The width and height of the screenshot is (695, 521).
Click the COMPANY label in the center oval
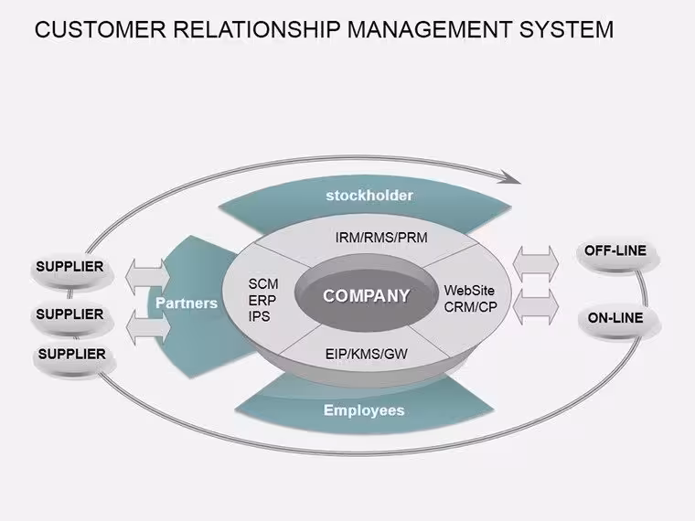tap(366, 295)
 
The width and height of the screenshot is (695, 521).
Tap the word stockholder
tap(369, 196)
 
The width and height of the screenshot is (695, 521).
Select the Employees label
tap(364, 410)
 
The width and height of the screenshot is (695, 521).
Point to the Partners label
tap(187, 303)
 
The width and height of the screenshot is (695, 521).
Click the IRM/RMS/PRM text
tap(381, 238)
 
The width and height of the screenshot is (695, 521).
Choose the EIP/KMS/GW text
tap(366, 354)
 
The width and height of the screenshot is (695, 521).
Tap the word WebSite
tap(469, 291)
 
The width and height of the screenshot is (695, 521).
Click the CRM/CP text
tap(470, 306)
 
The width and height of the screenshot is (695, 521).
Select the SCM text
tap(263, 283)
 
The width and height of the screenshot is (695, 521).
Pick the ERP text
tap(262, 300)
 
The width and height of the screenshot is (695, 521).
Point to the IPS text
tap(260, 316)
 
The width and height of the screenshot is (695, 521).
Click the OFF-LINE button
tap(617, 256)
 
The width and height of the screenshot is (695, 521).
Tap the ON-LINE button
tap(619, 322)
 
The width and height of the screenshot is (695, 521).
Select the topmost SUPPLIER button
tap(72, 271)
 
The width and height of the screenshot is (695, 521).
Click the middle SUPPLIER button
tap(72, 318)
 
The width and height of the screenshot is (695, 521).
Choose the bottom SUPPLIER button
tap(74, 359)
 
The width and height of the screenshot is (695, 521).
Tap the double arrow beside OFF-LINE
tap(536, 263)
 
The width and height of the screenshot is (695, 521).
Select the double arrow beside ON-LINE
tap(536, 307)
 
